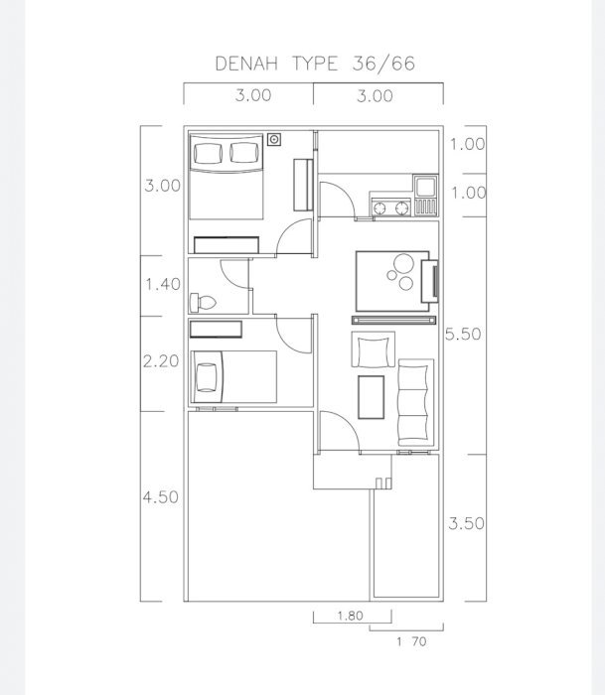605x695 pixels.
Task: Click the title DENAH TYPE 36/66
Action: tap(315, 64)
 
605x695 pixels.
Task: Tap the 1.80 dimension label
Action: tap(351, 616)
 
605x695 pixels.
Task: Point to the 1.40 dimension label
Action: tap(163, 284)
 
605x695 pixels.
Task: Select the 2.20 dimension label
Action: tap(161, 361)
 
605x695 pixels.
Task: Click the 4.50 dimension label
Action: tap(161, 496)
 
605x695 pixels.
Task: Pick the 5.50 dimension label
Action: tap(463, 334)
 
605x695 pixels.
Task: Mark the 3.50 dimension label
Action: tap(466, 523)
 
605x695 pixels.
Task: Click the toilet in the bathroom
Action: tap(203, 303)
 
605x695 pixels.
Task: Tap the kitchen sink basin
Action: tap(426, 187)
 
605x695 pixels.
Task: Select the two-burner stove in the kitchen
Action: tap(390, 208)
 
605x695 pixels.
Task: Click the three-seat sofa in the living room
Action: tap(415, 402)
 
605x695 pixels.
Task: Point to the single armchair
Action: tap(373, 349)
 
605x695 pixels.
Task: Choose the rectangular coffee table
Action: tap(372, 397)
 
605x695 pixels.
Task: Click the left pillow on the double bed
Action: tap(208, 153)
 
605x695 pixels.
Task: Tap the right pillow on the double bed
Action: tap(244, 153)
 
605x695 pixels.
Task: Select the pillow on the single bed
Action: tap(207, 377)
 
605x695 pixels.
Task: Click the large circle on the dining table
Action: tap(403, 263)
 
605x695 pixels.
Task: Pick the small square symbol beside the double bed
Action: tap(274, 140)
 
